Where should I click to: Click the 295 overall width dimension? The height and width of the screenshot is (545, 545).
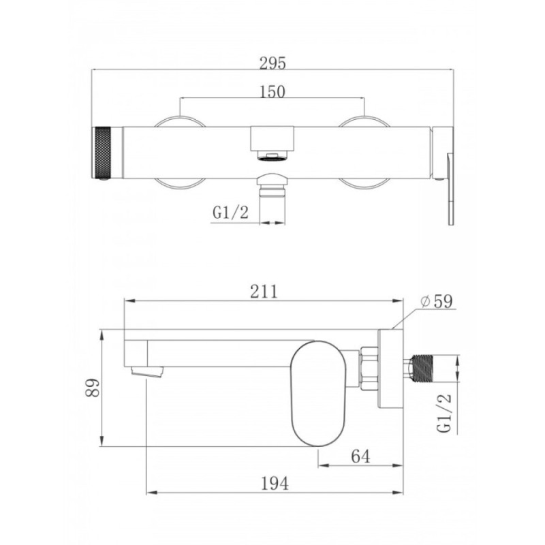tap(273, 63)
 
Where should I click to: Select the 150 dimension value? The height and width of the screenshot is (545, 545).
tap(272, 92)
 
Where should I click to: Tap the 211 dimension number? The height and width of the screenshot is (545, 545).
tap(264, 292)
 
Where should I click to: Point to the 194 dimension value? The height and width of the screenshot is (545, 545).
tap(275, 484)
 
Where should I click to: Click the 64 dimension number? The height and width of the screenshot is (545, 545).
tap(360, 456)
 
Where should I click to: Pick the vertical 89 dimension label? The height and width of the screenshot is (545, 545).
tap(93, 388)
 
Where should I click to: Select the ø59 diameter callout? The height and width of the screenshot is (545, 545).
tap(437, 301)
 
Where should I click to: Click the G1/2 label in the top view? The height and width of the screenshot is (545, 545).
tap(231, 212)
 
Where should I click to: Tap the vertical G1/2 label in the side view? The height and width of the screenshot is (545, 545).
tap(445, 414)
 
